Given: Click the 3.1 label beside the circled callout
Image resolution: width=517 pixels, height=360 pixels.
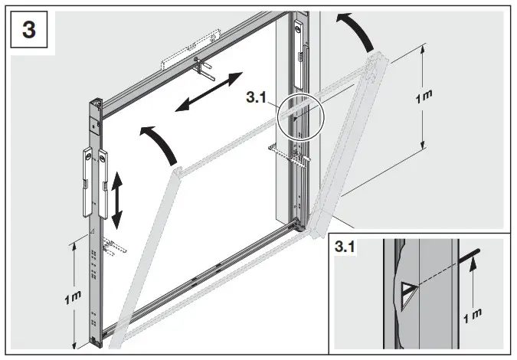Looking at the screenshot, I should tap(259, 98).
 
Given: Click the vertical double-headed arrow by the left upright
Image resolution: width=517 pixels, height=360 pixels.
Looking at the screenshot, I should tap(116, 200).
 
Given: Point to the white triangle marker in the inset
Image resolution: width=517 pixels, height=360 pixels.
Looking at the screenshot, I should tap(408, 292).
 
